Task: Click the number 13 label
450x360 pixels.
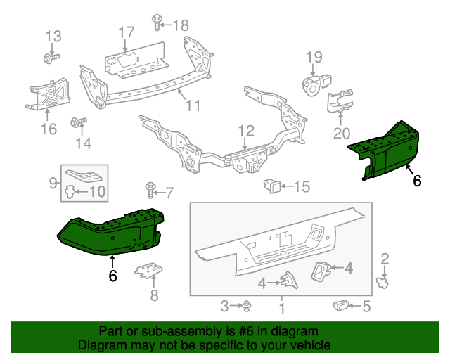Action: (x=53, y=36)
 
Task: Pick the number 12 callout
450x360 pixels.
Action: (x=245, y=130)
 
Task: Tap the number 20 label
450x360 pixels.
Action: (x=341, y=133)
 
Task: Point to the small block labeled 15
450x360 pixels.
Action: (x=271, y=186)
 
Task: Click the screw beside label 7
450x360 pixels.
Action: (x=150, y=188)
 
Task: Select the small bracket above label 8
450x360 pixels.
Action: (x=148, y=271)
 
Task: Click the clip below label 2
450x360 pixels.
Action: (x=384, y=283)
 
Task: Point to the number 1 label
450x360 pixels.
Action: (x=281, y=308)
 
